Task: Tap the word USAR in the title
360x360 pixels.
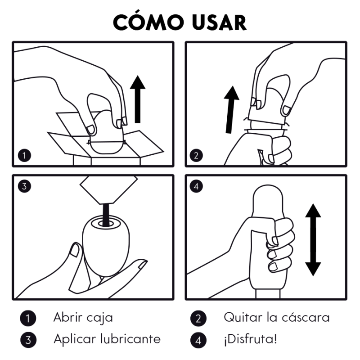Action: point(216,22)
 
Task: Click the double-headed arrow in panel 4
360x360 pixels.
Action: point(313,239)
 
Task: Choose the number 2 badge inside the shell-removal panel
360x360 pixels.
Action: point(196,156)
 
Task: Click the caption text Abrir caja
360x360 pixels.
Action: point(83,317)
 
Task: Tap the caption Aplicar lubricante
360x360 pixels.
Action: point(107,339)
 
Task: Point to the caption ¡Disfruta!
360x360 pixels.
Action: point(250,339)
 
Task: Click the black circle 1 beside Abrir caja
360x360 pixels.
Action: point(28,318)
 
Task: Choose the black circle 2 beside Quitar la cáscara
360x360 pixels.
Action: point(198,318)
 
